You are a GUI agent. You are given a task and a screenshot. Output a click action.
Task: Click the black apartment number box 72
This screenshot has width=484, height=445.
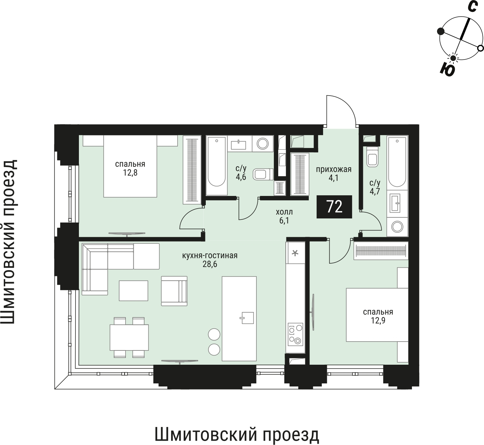click(x=334, y=207)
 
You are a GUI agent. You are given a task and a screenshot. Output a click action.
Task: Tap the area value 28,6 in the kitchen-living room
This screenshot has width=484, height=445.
click(x=210, y=264)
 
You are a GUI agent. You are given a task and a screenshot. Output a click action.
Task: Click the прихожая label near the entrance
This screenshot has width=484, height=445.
click(x=333, y=169)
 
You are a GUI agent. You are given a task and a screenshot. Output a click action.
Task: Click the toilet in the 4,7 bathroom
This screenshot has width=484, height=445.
click(x=372, y=159)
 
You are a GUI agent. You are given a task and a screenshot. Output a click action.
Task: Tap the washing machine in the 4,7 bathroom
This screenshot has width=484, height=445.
click(x=397, y=226)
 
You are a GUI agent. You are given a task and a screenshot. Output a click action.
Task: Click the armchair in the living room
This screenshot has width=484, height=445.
click(x=174, y=291)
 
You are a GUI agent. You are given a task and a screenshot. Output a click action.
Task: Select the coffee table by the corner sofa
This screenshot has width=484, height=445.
click(x=133, y=291)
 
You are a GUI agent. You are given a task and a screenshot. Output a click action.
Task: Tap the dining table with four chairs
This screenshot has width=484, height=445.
click(x=129, y=337)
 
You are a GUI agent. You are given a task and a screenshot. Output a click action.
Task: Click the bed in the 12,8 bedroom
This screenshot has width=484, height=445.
click(x=130, y=166)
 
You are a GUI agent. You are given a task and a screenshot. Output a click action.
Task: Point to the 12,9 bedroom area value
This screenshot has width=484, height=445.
click(x=378, y=320)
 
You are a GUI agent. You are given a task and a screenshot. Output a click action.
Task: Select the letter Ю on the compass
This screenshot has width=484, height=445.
click(x=447, y=70)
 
